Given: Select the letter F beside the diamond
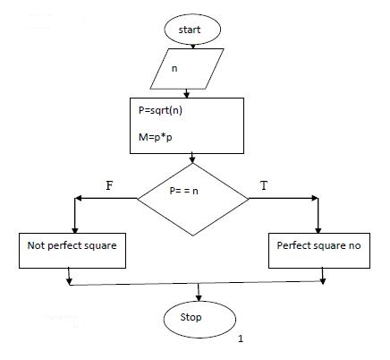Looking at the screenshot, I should (x=110, y=184).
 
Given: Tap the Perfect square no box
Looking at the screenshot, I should (x=318, y=244).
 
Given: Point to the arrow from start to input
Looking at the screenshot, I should (x=190, y=46).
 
